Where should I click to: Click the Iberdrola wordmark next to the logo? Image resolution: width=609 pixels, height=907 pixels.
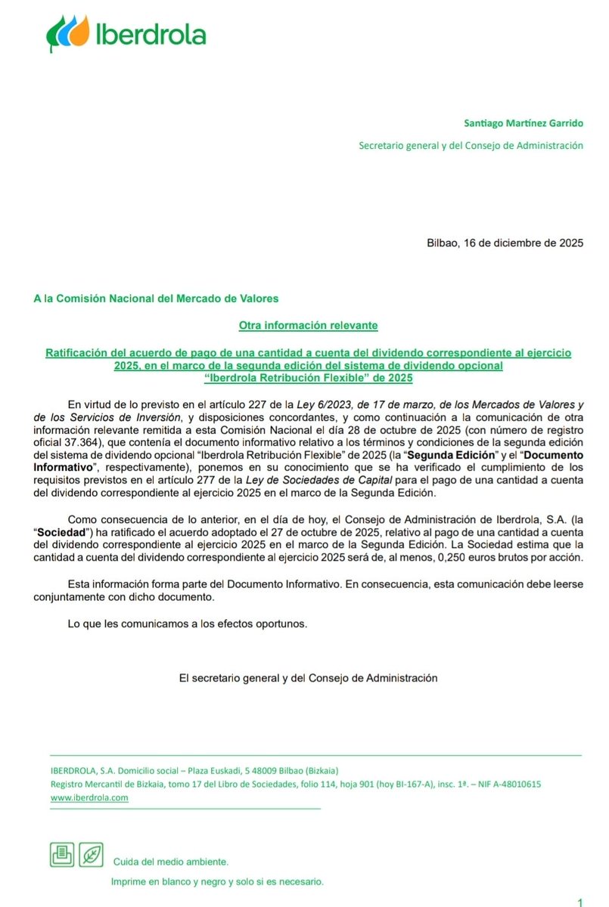[151, 35]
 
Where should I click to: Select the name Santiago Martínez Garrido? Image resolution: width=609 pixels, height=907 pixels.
[524, 123]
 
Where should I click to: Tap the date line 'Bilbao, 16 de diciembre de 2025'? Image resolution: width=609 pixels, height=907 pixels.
[505, 243]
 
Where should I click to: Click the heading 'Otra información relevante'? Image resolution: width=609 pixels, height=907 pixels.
[308, 325]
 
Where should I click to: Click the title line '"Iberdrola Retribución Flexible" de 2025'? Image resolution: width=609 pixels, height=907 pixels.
[309, 377]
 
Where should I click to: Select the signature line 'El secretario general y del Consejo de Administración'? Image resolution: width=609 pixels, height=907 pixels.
[308, 678]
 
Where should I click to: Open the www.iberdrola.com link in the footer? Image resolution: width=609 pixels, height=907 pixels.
[89, 797]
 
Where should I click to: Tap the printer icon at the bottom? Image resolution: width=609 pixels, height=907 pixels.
[61, 855]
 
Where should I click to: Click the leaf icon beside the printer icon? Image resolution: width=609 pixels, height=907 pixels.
[91, 855]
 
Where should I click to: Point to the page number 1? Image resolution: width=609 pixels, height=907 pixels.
[579, 902]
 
